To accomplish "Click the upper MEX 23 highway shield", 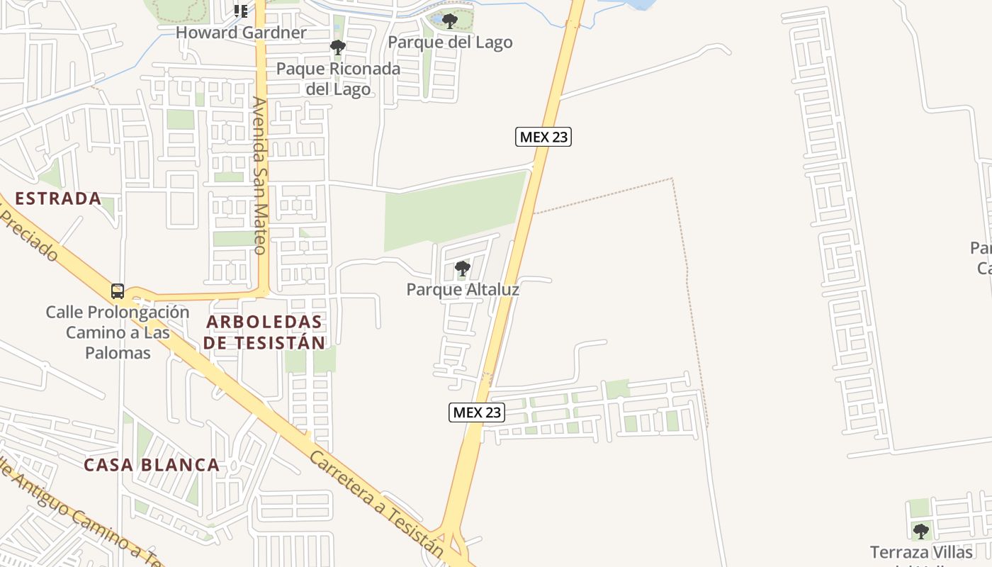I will coord(543,137).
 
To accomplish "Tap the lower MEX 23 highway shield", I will coord(477,412).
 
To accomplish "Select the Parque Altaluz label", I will coord(463,290).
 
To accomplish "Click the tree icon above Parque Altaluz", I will coord(463,269).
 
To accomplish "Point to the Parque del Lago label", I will coord(450,43).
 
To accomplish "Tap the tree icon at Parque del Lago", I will coord(449,21).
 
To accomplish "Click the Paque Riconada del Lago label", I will coord(338,79).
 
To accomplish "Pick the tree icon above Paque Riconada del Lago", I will coord(338,47).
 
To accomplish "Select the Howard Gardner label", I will coord(241,33).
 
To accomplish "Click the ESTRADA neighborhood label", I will coord(58,198).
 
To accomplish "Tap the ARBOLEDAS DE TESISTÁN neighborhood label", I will coord(264,332).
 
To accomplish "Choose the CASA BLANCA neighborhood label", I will coord(152,465).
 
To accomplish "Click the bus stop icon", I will coord(118,291).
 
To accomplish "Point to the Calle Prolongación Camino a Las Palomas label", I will coord(118,332).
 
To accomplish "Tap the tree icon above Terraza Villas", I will coord(920,531).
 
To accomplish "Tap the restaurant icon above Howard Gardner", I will coord(241,11).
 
